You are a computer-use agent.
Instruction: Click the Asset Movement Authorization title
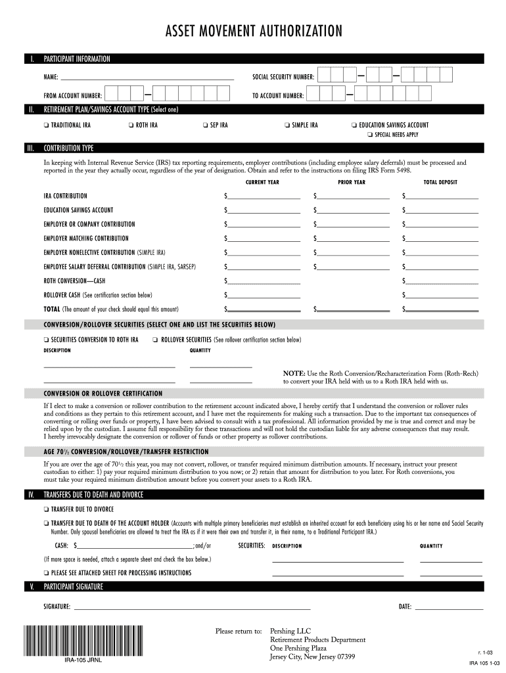click(253, 31)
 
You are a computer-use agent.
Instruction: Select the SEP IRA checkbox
click(205, 125)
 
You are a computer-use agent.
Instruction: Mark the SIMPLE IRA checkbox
click(287, 125)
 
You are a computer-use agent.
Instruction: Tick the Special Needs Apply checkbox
click(369, 135)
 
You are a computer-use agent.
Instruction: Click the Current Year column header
click(262, 182)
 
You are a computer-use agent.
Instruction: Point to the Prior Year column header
click(352, 182)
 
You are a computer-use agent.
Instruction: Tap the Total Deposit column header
click(440, 182)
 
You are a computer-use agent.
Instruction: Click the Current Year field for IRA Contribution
click(264, 196)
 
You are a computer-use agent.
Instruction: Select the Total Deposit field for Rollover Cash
click(443, 294)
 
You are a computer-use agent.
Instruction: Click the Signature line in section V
click(191, 607)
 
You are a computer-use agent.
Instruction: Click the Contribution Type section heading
click(68, 149)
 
